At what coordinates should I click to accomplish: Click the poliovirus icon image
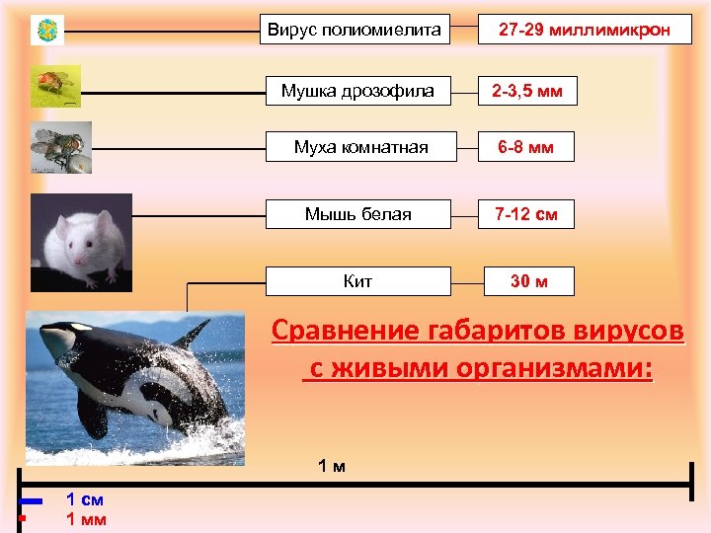pos(46,31)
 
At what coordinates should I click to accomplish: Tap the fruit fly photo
pos(54,86)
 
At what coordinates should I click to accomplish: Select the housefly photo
pos(60,147)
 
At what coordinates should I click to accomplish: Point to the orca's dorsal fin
pos(191,335)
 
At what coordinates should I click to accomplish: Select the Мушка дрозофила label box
pos(357,92)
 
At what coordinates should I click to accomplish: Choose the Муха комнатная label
pos(360,147)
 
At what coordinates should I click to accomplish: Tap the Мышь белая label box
pos(357,214)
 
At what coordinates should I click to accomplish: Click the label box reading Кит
pos(357,281)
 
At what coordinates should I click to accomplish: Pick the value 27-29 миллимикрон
pos(584,31)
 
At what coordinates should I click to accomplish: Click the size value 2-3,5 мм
pos(527,92)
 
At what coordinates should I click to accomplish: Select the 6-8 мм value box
pos(525,148)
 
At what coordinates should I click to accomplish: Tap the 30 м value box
pos(528,281)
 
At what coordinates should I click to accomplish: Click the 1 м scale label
pos(331,465)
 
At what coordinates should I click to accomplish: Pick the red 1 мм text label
pos(85,519)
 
